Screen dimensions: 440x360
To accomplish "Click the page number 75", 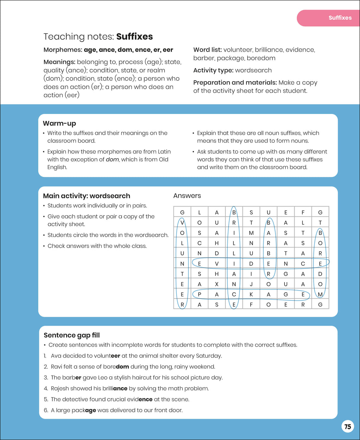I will [348, 427].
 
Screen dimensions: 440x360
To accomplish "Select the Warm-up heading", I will [59, 123].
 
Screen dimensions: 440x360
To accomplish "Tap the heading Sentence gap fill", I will [72, 335].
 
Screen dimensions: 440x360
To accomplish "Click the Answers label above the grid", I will [187, 196].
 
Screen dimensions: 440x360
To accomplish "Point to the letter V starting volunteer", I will [182, 223].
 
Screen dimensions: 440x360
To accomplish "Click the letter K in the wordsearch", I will [251, 295].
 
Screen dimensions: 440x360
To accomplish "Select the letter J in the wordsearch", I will [251, 284].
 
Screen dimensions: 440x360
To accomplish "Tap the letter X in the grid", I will [217, 284].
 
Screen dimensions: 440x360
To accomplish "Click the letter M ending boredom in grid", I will [320, 295].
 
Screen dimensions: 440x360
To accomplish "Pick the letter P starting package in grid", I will [199, 295].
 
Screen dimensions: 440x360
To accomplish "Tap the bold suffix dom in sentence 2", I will [122, 366].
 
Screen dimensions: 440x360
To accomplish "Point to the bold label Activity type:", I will [213, 70].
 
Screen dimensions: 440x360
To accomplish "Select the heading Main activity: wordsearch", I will [86, 196].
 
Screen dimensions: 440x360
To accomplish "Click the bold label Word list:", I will [207, 50].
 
